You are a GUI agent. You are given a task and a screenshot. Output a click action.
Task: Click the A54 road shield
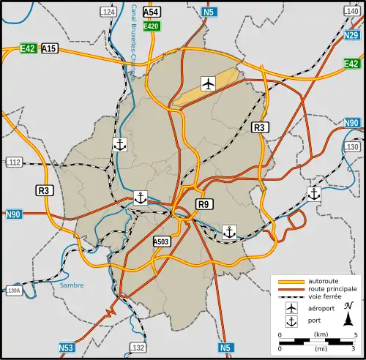point(152,12)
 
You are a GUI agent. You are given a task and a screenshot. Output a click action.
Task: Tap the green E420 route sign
point(152,26)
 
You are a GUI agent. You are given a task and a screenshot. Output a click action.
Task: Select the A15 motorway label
point(50,48)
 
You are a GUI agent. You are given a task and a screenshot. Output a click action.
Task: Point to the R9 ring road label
point(204,204)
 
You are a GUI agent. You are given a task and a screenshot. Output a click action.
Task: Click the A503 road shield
point(162,241)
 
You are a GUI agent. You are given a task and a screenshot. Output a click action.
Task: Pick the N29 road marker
point(351,35)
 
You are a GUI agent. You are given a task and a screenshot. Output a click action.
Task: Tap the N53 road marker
point(67,348)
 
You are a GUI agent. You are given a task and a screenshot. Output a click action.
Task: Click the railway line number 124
point(108,12)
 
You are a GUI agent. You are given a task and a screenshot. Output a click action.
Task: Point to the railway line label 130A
point(12,291)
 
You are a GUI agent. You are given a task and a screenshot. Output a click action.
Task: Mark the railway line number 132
point(138,348)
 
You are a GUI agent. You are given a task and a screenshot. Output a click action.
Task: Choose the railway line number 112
point(13,162)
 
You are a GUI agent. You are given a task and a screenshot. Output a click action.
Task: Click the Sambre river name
point(72,285)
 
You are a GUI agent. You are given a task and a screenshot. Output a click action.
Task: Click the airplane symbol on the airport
point(209,83)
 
